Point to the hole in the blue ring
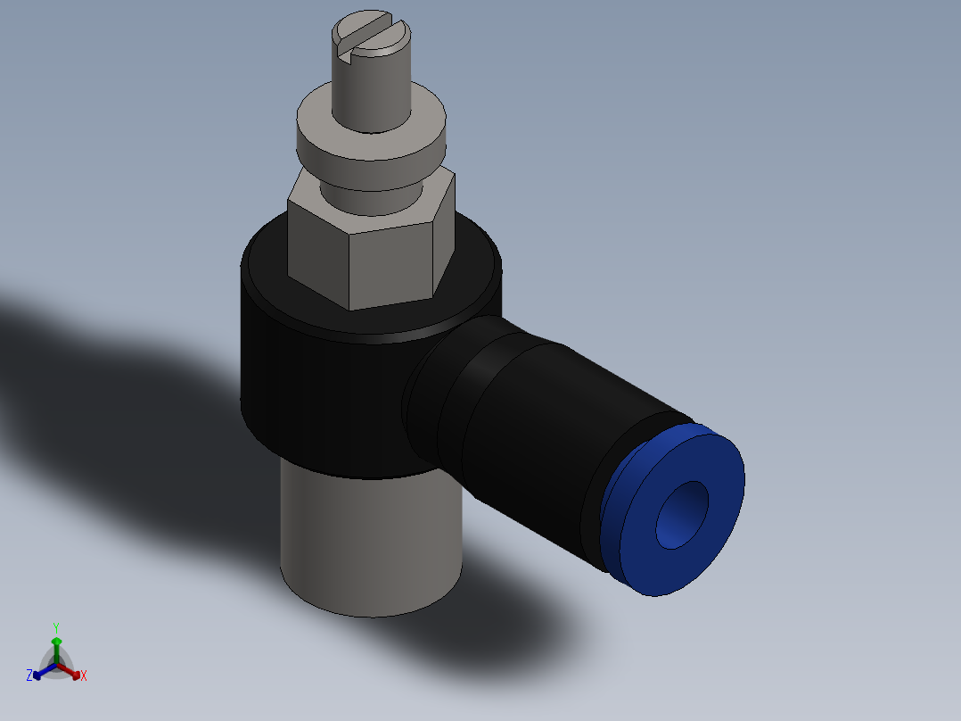(x=682, y=516)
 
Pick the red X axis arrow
(x=73, y=672)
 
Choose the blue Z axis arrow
(x=40, y=672)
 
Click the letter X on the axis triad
(x=84, y=676)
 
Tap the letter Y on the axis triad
(x=56, y=627)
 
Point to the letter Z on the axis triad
(x=29, y=675)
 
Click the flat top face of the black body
(x=267, y=268)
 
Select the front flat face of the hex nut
(x=392, y=268)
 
